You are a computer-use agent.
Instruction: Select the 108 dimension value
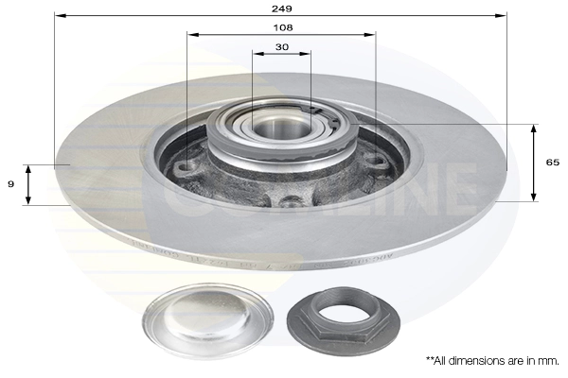282,27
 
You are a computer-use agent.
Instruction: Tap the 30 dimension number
282,46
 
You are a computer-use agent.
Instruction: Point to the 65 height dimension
553,163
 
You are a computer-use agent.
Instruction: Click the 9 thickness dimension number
10,184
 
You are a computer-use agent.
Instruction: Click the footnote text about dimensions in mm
493,360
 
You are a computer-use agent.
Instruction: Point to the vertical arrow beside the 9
28,184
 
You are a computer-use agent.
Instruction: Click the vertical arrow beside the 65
535,162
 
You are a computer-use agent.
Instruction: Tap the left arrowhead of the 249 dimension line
59,15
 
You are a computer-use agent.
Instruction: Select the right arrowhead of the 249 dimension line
503,15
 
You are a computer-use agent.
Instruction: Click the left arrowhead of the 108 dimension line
192,35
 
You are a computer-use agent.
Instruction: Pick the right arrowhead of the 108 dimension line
371,35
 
